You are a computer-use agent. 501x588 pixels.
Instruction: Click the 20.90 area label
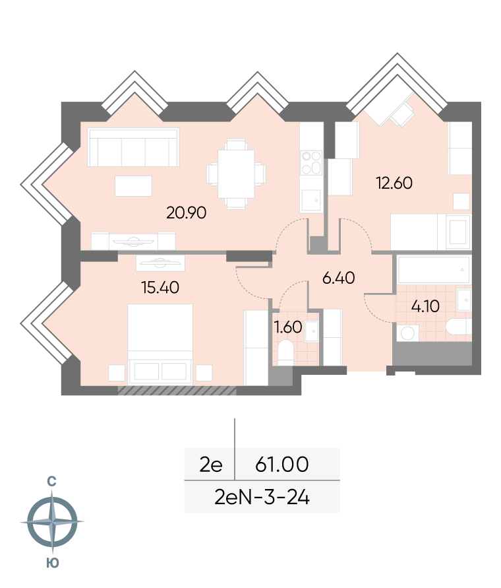(187, 213)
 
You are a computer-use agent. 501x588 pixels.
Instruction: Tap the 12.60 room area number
(394, 183)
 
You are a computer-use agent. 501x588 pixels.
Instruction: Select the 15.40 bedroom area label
(160, 287)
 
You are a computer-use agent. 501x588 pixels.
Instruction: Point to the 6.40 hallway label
(338, 278)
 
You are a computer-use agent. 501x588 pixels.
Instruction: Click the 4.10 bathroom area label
(425, 306)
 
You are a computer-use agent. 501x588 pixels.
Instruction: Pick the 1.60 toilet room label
(288, 327)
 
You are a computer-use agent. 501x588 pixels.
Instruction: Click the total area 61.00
(282, 464)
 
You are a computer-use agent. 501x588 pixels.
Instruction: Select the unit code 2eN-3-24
(262, 498)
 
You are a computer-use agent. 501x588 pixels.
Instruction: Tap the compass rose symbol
(52, 521)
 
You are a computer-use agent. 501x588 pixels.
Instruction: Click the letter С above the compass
(51, 481)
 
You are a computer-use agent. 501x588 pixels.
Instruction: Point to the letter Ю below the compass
(53, 563)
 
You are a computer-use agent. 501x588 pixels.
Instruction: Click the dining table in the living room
(236, 174)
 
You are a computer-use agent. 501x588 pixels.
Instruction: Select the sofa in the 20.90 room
(133, 147)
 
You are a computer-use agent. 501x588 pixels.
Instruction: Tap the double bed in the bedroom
(160, 344)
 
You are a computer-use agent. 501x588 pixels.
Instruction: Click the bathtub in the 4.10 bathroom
(434, 270)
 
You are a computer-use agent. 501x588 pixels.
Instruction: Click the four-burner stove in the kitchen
(311, 163)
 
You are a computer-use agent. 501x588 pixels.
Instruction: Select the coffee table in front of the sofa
(133, 186)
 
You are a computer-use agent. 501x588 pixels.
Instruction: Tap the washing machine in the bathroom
(407, 333)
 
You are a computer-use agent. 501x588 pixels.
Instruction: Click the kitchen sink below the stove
(311, 201)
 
